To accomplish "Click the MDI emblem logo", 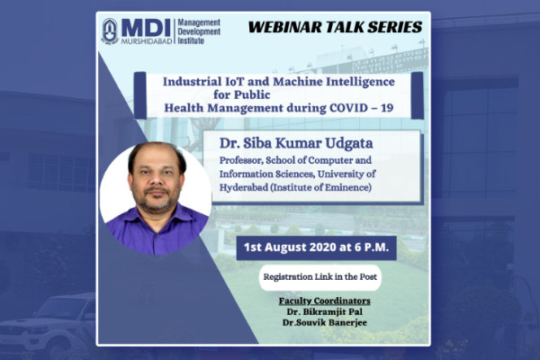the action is click(110, 31).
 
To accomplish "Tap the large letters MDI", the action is click(146, 28).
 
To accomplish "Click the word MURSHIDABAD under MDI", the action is click(147, 41).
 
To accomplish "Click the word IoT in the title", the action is click(234, 82).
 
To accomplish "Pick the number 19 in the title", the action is click(387, 108).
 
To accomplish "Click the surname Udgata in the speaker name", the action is click(349, 143).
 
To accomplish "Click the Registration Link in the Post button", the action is click(319, 277).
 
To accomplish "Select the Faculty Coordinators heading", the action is click(324, 301).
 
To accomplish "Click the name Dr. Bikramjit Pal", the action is click(324, 311).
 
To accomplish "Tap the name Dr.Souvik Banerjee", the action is click(324, 323).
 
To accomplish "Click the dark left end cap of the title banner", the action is click(140, 95).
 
